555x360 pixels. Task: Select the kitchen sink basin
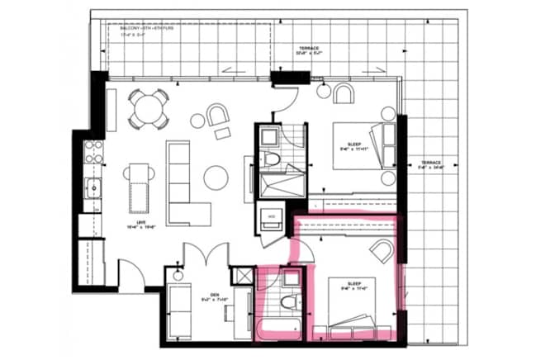pos(93,187)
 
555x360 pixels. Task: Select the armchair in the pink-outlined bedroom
pos(382,250)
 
